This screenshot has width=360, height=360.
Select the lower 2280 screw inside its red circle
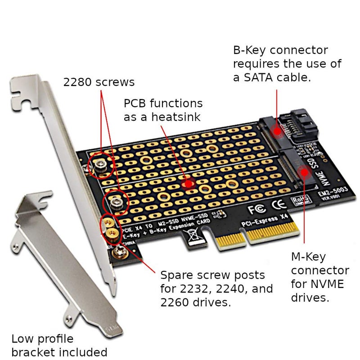pyautogui.click(x=116, y=204)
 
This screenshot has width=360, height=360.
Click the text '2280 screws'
pyautogui.click(x=99, y=82)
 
